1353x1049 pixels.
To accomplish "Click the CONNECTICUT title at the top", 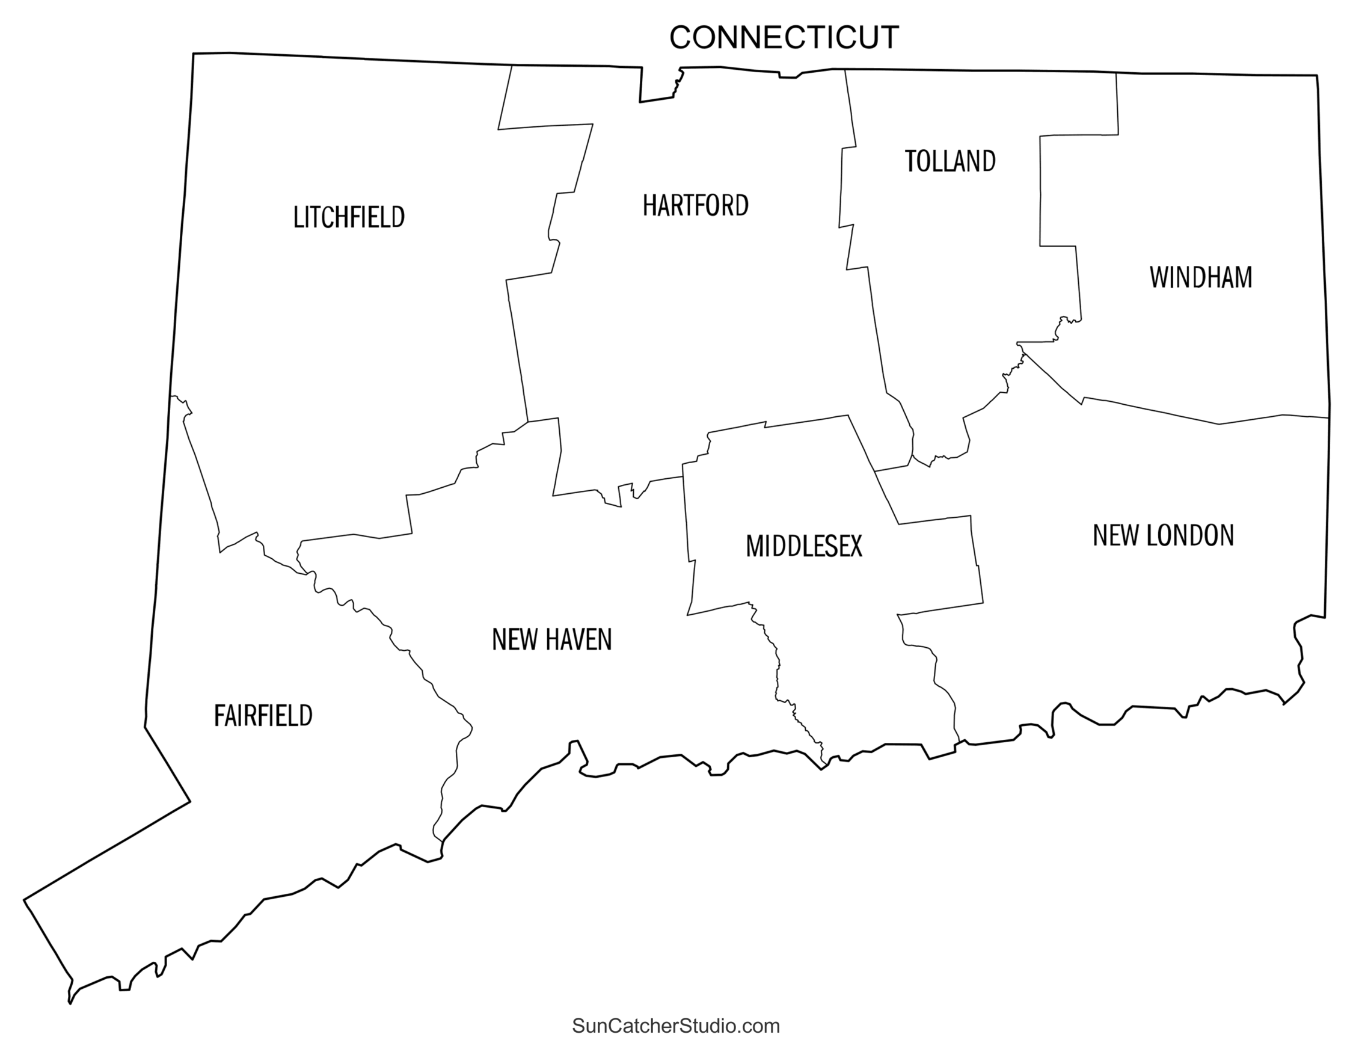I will tap(784, 38).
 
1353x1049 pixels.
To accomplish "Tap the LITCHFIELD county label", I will tap(349, 218).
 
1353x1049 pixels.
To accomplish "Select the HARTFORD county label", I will tap(695, 206).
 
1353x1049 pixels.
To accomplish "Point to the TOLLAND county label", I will tap(950, 161).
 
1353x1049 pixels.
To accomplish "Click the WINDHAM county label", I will tap(1201, 277).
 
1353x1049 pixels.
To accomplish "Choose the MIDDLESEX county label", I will tap(803, 547).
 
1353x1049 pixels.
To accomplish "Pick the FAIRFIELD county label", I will tap(263, 716).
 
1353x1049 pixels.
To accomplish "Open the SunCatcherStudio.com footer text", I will tap(676, 1026).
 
